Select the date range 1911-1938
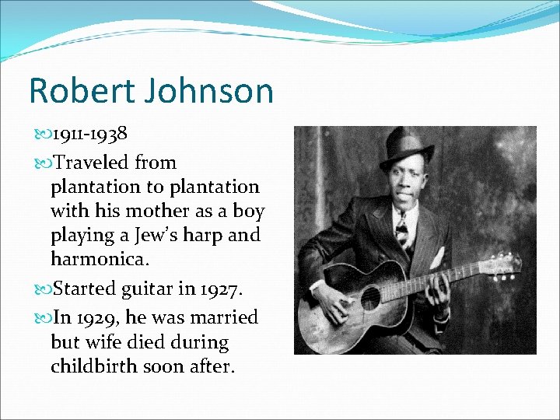(89, 134)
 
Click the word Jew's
(158, 234)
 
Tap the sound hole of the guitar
(371, 297)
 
